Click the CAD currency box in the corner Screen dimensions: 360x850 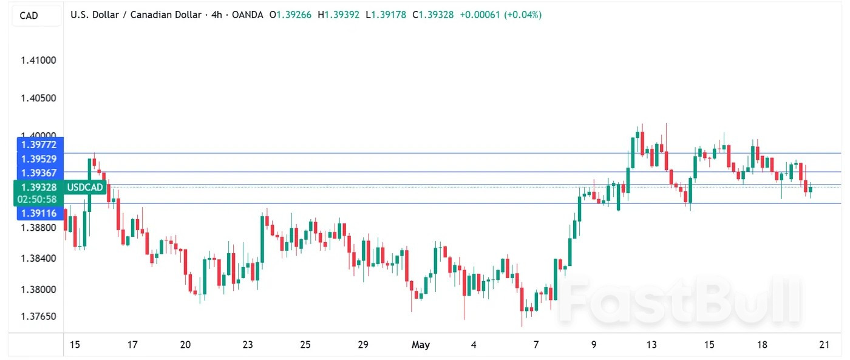tap(29, 15)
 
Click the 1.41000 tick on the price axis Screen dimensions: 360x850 tap(38, 60)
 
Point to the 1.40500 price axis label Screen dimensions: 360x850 tap(38, 98)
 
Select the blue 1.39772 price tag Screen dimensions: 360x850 tap(38, 144)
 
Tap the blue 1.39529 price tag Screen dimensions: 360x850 tap(38, 159)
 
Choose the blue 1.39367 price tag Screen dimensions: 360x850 tap(38, 173)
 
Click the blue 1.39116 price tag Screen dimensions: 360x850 tap(38, 213)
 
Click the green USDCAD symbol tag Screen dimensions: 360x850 tap(85, 187)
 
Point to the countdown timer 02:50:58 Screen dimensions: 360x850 tap(37, 199)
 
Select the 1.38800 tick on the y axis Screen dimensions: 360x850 tap(38, 228)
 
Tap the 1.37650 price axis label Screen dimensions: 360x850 tap(38, 316)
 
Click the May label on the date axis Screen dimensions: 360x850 tap(420, 345)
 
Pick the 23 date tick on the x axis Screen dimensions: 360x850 tap(247, 345)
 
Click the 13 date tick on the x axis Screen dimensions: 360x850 tap(651, 345)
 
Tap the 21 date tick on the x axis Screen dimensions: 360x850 tap(824, 345)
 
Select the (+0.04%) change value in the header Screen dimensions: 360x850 tap(522, 15)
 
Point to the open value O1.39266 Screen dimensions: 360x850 tap(293, 15)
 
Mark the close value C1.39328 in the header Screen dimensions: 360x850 tap(433, 15)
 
